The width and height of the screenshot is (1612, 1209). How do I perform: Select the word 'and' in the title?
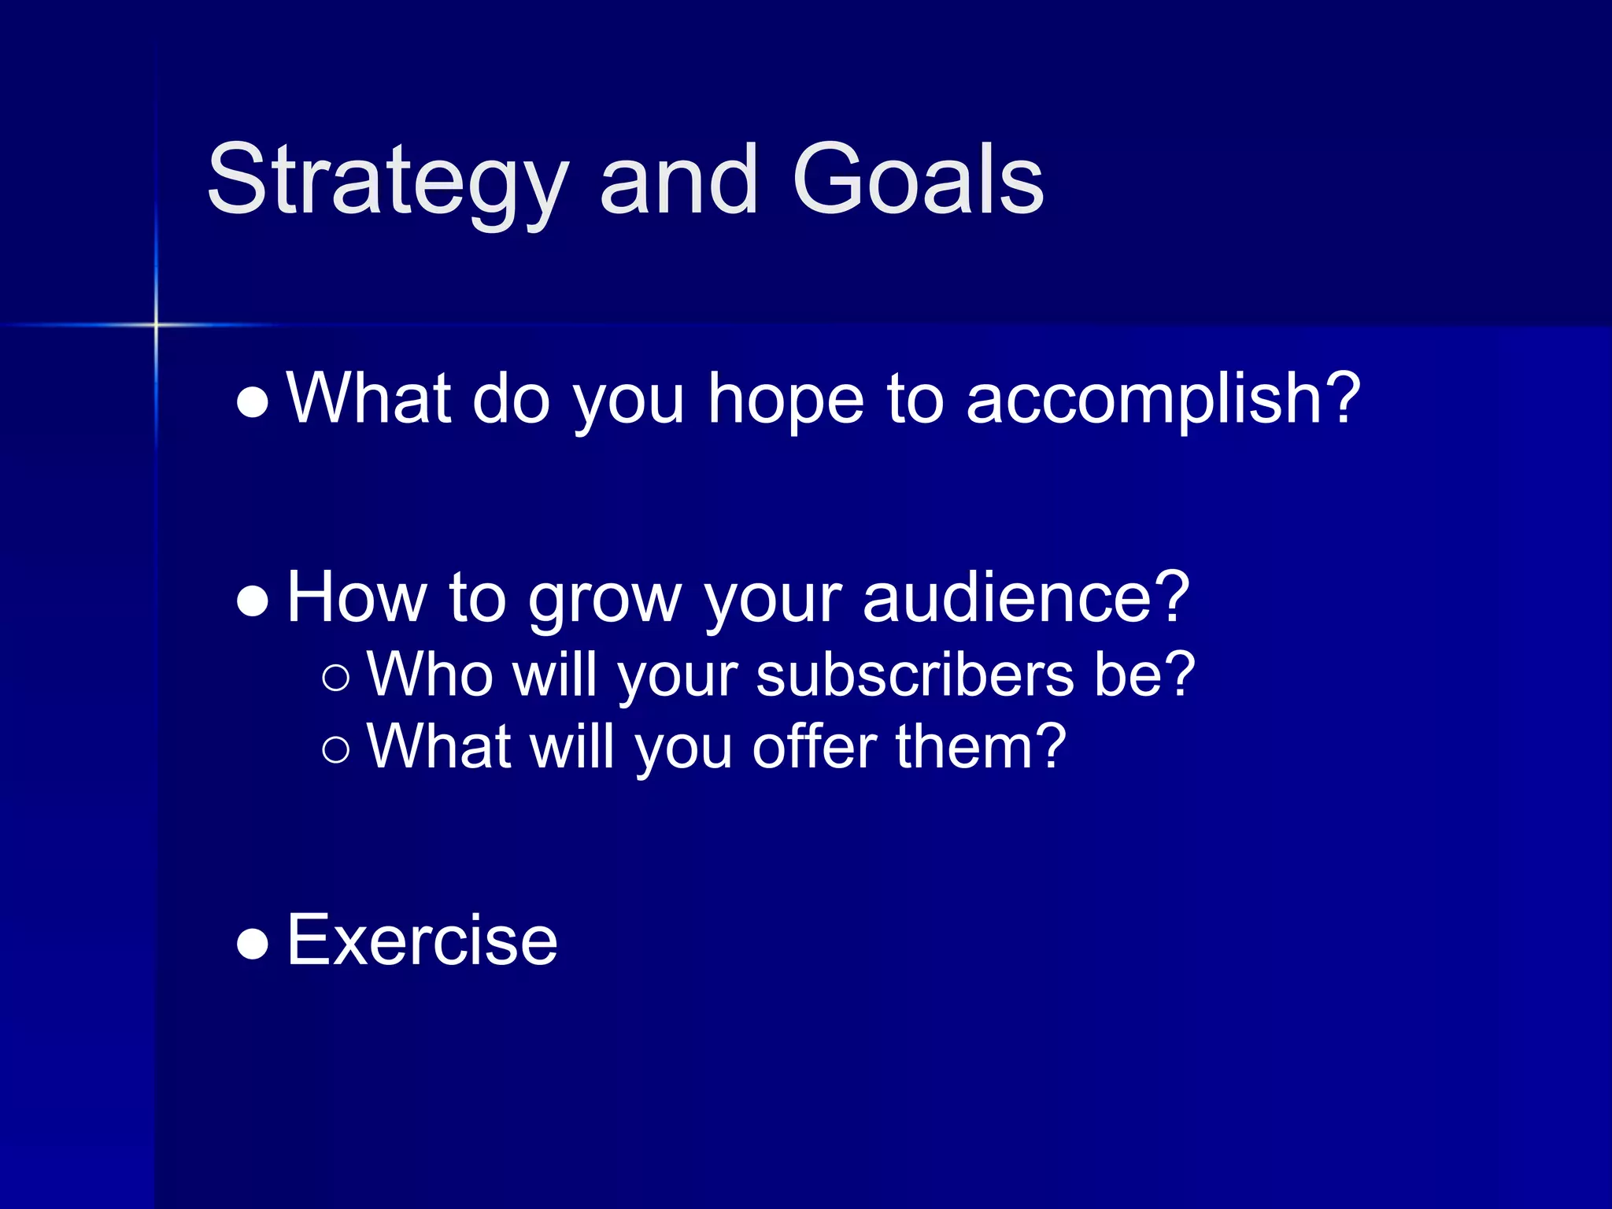[x=678, y=181]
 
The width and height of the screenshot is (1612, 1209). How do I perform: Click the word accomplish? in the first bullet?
[x=1163, y=399]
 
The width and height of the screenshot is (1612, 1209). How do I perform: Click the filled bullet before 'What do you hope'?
[x=253, y=402]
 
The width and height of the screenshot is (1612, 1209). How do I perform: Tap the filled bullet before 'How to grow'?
[x=253, y=601]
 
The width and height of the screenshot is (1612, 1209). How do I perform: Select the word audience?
[x=1026, y=598]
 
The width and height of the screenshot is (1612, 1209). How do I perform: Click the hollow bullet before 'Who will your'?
[x=336, y=678]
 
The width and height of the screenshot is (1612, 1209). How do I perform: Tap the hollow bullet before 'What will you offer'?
[x=336, y=749]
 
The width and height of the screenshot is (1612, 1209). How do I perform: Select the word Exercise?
[x=422, y=940]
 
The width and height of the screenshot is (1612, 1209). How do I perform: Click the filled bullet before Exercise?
[x=253, y=944]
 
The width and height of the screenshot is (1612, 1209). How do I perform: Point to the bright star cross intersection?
[x=156, y=324]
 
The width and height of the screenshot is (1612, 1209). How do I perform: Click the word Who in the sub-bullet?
[x=430, y=675]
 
